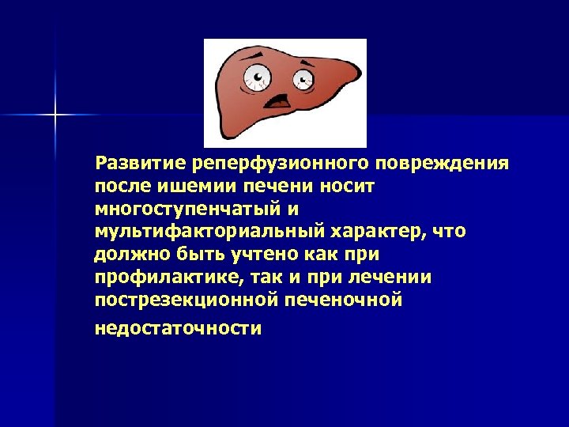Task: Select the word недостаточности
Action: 177,328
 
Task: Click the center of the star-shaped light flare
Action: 56,115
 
